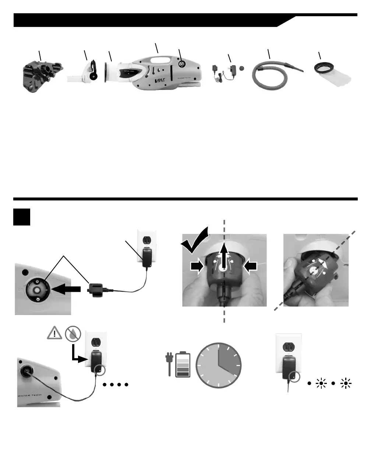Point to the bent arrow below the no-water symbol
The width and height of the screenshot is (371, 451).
tap(79, 354)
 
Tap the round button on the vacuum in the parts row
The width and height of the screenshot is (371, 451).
tap(181, 64)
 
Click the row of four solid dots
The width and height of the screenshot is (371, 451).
tap(116, 385)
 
